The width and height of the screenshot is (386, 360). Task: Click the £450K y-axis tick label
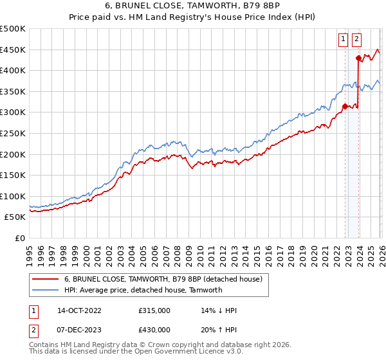13,50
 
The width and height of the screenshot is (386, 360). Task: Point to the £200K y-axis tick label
13,154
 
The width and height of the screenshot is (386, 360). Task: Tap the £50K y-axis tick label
15,217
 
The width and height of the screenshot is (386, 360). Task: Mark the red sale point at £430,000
358,58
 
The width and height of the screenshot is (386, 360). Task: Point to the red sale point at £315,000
345,106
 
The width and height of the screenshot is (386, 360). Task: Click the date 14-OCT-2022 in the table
75,310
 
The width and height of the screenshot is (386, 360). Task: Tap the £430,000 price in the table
154,329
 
